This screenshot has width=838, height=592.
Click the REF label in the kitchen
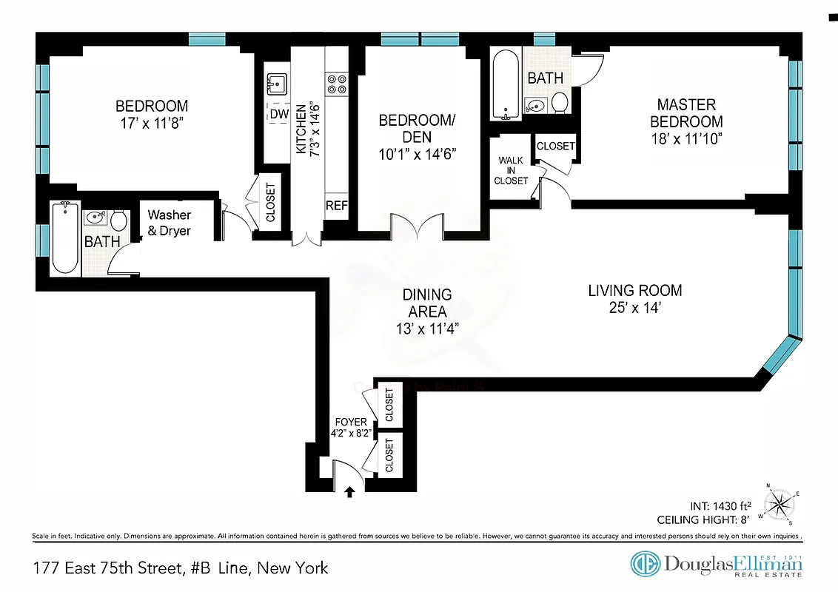click(337, 206)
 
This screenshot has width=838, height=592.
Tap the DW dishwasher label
click(278, 114)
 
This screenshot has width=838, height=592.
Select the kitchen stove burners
click(337, 84)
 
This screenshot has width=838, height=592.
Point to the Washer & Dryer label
click(169, 223)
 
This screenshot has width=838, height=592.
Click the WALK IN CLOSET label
click(512, 170)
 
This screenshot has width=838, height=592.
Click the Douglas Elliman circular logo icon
click(645, 564)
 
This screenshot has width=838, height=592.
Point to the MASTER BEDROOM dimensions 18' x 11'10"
click(686, 138)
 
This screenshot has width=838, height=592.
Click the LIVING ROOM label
click(634, 291)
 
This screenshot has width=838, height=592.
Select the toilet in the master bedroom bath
click(560, 104)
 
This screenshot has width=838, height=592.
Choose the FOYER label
click(351, 422)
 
